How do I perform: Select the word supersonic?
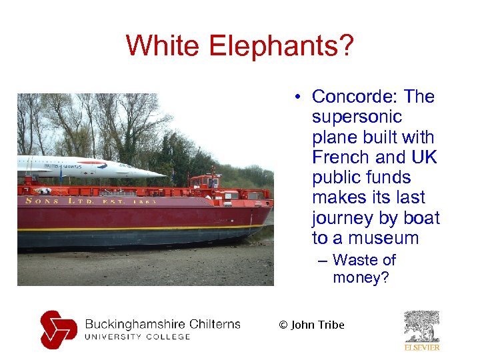click(357, 117)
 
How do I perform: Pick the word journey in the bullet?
click(342, 219)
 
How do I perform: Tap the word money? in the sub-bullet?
click(361, 277)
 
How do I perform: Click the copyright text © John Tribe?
click(311, 325)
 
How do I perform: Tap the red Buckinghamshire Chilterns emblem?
click(58, 329)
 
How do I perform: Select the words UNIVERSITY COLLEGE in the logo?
click(137, 337)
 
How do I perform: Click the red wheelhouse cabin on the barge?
click(205, 181)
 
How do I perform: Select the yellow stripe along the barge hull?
click(133, 228)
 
